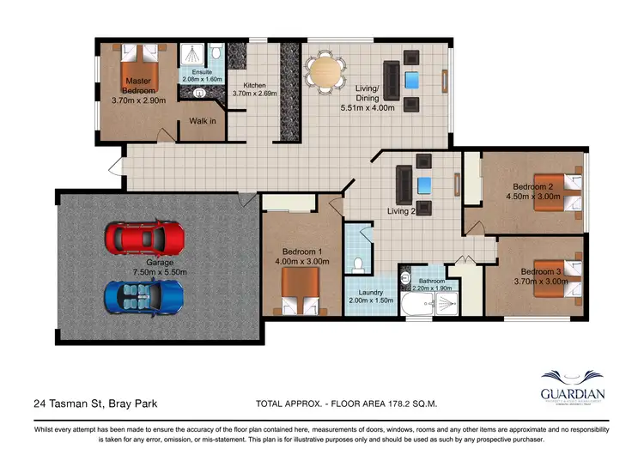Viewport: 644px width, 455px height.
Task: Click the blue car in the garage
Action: point(144,294)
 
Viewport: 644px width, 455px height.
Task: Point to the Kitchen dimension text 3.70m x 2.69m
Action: point(254,94)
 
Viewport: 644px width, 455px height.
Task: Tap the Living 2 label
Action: point(401,211)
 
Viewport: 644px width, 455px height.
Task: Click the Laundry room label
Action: point(371,293)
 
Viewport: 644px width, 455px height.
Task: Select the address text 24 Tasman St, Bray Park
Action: point(95,403)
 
